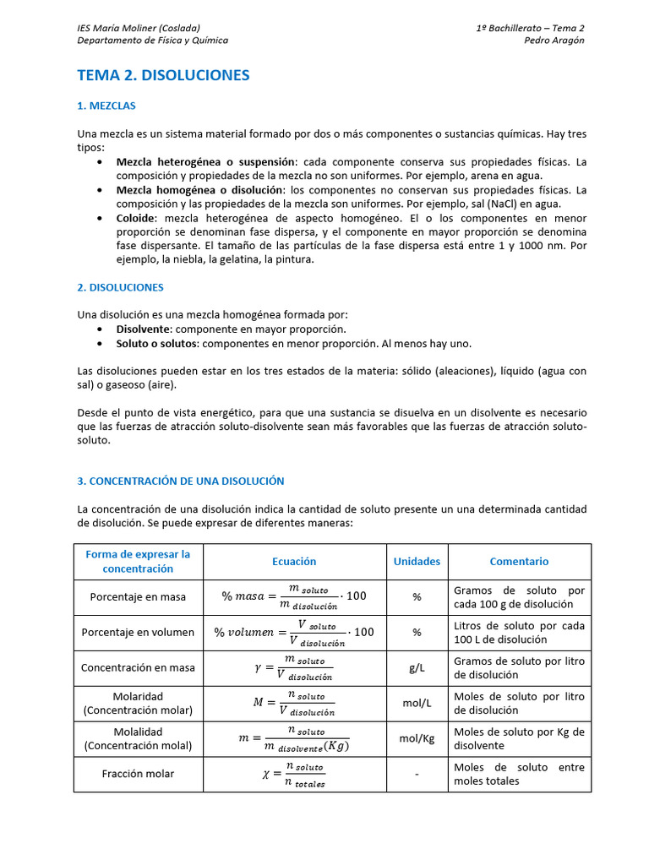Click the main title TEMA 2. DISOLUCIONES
point(163,75)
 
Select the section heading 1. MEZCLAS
point(106,106)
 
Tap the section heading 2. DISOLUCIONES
point(120,287)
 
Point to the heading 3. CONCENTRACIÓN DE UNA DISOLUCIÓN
point(180,481)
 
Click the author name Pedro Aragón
point(554,40)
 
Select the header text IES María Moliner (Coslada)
point(139,28)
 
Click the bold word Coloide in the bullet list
point(136,218)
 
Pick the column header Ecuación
point(294,561)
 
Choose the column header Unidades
point(417,561)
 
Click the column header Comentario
point(519,561)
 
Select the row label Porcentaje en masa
point(138,596)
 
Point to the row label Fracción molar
point(138,774)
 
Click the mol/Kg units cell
point(417,738)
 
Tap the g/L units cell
point(417,667)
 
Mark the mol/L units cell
point(417,703)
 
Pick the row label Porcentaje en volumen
point(138,632)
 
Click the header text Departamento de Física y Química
point(152,40)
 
